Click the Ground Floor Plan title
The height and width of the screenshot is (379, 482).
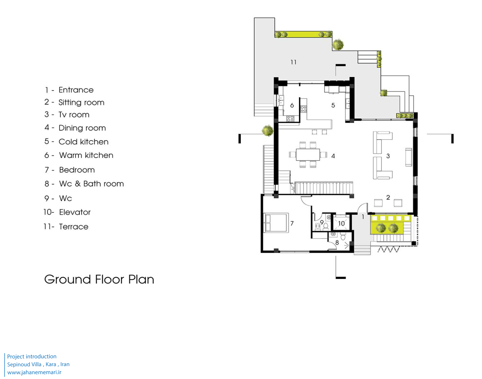point(99,280)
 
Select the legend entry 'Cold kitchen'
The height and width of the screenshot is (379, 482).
point(76,141)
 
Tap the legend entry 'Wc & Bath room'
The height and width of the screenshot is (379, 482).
point(84,184)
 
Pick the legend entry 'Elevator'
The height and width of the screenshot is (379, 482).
point(67,212)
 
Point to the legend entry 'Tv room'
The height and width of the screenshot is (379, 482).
point(67,115)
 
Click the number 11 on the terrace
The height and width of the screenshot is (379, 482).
point(293,62)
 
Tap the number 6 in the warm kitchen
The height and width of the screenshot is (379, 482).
point(292,105)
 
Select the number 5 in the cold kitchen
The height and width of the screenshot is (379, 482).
point(333,105)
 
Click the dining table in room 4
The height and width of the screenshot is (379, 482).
point(308,154)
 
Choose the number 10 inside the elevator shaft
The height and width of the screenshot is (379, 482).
point(341,223)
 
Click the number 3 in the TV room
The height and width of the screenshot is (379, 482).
point(388,156)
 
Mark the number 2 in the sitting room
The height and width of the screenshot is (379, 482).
point(388,197)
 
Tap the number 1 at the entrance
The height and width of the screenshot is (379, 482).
point(363,217)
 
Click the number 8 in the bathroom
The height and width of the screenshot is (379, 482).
point(337,243)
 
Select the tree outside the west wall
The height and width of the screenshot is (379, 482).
point(268,130)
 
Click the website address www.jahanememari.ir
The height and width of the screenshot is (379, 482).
point(34,372)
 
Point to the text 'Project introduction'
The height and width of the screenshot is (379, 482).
point(32,356)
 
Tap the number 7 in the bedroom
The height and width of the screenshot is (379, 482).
point(292,223)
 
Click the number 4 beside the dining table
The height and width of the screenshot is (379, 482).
point(333,156)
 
